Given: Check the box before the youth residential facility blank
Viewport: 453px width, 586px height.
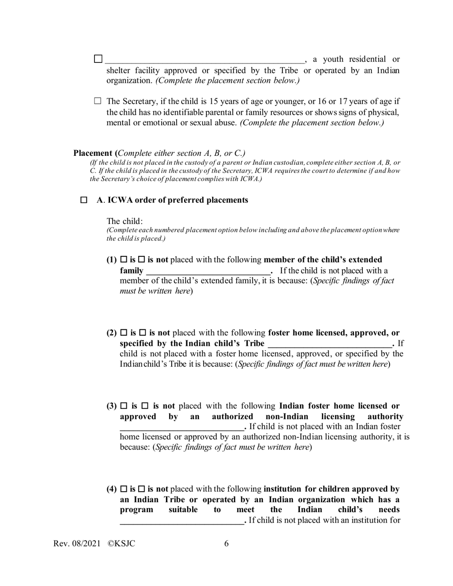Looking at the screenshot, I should tap(98, 59).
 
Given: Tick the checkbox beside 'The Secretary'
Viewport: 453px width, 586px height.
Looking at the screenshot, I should tap(98, 101).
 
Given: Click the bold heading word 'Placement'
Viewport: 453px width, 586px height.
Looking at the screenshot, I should tap(93, 153).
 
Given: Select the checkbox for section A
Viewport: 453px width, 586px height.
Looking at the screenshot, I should tap(84, 200).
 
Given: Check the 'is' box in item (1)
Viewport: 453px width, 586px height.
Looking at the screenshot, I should tap(124, 260).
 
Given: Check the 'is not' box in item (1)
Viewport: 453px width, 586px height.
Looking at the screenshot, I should tap(142, 260).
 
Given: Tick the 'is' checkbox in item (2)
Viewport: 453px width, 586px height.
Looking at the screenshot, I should tap(124, 333).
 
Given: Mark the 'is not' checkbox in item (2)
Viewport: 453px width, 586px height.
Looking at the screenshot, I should tap(142, 333).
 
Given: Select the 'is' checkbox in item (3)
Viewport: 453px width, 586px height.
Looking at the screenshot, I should tap(124, 406).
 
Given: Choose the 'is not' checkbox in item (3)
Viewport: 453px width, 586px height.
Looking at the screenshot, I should tap(145, 406).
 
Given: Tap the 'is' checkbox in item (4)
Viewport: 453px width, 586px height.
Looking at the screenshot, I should tap(124, 489).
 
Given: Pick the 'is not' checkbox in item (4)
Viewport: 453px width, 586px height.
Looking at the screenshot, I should tap(142, 489).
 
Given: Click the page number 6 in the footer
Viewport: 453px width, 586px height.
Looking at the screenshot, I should tap(226, 544).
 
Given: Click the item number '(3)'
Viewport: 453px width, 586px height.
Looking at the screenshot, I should tap(112, 406).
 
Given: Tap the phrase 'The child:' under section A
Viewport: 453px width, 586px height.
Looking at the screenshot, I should tap(124, 221).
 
